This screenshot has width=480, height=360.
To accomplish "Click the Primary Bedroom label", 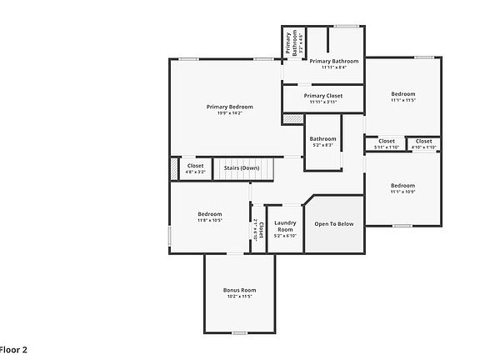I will pyautogui.click(x=229, y=107).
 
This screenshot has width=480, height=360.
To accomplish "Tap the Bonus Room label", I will pyautogui.click(x=239, y=290).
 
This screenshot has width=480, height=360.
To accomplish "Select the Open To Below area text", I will pyautogui.click(x=333, y=223).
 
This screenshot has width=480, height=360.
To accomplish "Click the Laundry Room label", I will pyautogui.click(x=286, y=225).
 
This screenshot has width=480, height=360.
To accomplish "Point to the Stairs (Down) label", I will pyautogui.click(x=241, y=167).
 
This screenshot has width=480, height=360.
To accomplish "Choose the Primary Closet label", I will pyautogui.click(x=322, y=96).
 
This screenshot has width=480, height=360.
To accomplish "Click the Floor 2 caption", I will pyautogui.click(x=13, y=351).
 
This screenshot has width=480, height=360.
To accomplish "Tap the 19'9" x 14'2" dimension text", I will pyautogui.click(x=229, y=113).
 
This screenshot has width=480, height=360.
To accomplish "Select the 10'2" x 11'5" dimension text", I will pyautogui.click(x=239, y=297).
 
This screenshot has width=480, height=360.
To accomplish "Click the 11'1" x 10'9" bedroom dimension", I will pyautogui.click(x=402, y=192).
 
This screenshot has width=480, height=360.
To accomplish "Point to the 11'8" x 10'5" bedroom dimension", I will pyautogui.click(x=209, y=221).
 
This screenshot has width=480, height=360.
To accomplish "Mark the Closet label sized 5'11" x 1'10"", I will pyautogui.click(x=387, y=141).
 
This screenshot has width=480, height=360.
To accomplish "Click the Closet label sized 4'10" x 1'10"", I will pyautogui.click(x=424, y=141).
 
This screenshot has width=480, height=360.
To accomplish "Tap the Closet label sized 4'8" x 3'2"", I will pyautogui.click(x=195, y=166).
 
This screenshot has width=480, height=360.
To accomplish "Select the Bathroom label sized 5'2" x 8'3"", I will pyautogui.click(x=322, y=138).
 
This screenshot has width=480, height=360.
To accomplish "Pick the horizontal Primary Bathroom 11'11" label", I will pyautogui.click(x=333, y=61).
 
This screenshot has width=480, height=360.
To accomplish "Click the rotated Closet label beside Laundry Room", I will pyautogui.click(x=261, y=229).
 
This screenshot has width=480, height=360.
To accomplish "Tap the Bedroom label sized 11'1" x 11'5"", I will pyautogui.click(x=402, y=94).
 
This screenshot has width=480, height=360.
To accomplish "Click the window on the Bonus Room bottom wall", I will pyautogui.click(x=239, y=332).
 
